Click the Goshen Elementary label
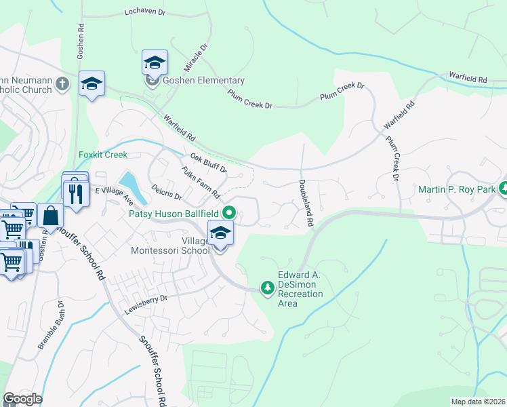[203, 81]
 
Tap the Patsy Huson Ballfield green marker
[229, 212]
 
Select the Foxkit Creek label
[103, 155]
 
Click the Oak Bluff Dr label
[207, 163]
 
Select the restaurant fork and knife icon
[76, 193]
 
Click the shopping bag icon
[51, 216]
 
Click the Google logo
[22, 399]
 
